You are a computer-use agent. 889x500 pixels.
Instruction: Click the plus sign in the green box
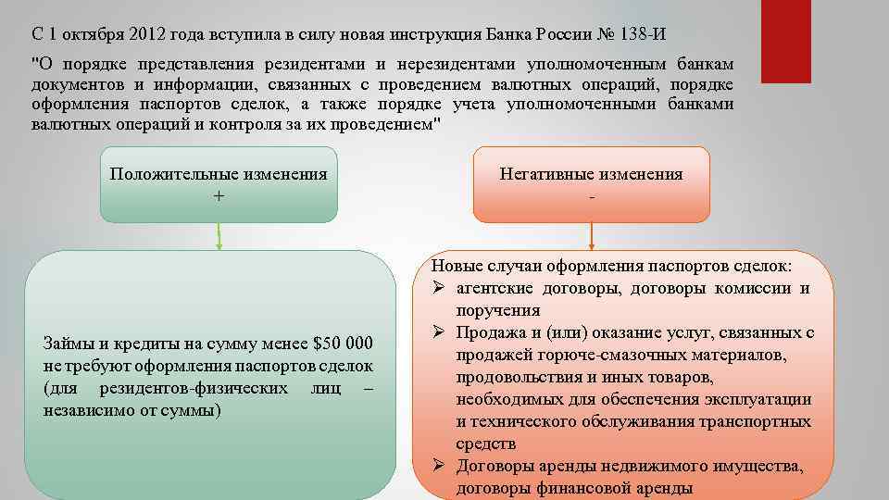point(219,195)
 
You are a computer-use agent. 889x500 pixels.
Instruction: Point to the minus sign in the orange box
point(591,195)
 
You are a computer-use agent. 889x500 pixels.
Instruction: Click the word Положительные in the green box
point(173,174)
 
